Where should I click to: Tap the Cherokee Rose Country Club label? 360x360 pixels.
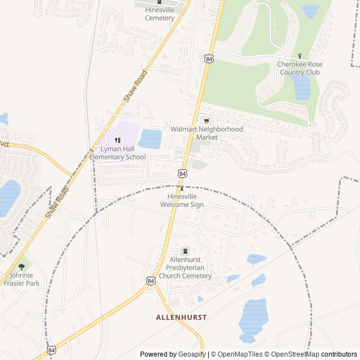tap(299, 68)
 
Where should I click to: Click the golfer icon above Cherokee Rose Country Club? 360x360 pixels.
tap(300, 56)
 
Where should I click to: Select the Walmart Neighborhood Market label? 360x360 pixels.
tap(207, 133)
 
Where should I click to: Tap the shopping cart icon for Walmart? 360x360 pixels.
tap(206, 120)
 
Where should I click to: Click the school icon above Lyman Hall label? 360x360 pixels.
tap(118, 140)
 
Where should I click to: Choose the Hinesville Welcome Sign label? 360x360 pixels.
tap(182, 201)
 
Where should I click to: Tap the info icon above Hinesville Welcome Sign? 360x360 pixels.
tap(182, 188)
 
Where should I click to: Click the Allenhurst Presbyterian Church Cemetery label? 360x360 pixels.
tap(185, 268)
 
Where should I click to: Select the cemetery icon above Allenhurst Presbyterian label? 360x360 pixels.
tap(185, 251)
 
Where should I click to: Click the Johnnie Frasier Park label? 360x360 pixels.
tap(22, 280)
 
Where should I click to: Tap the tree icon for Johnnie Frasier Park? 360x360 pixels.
tap(22, 267)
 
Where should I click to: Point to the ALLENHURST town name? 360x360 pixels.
tap(181, 317)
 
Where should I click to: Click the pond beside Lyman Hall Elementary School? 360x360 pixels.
tap(150, 138)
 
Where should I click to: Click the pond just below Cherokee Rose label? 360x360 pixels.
tap(301, 87)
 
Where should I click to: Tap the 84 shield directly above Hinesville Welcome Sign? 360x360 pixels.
tap(182, 174)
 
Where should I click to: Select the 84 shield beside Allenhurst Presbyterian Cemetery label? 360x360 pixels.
tap(151, 280)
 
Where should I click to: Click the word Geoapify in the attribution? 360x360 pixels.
tap(192, 354)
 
